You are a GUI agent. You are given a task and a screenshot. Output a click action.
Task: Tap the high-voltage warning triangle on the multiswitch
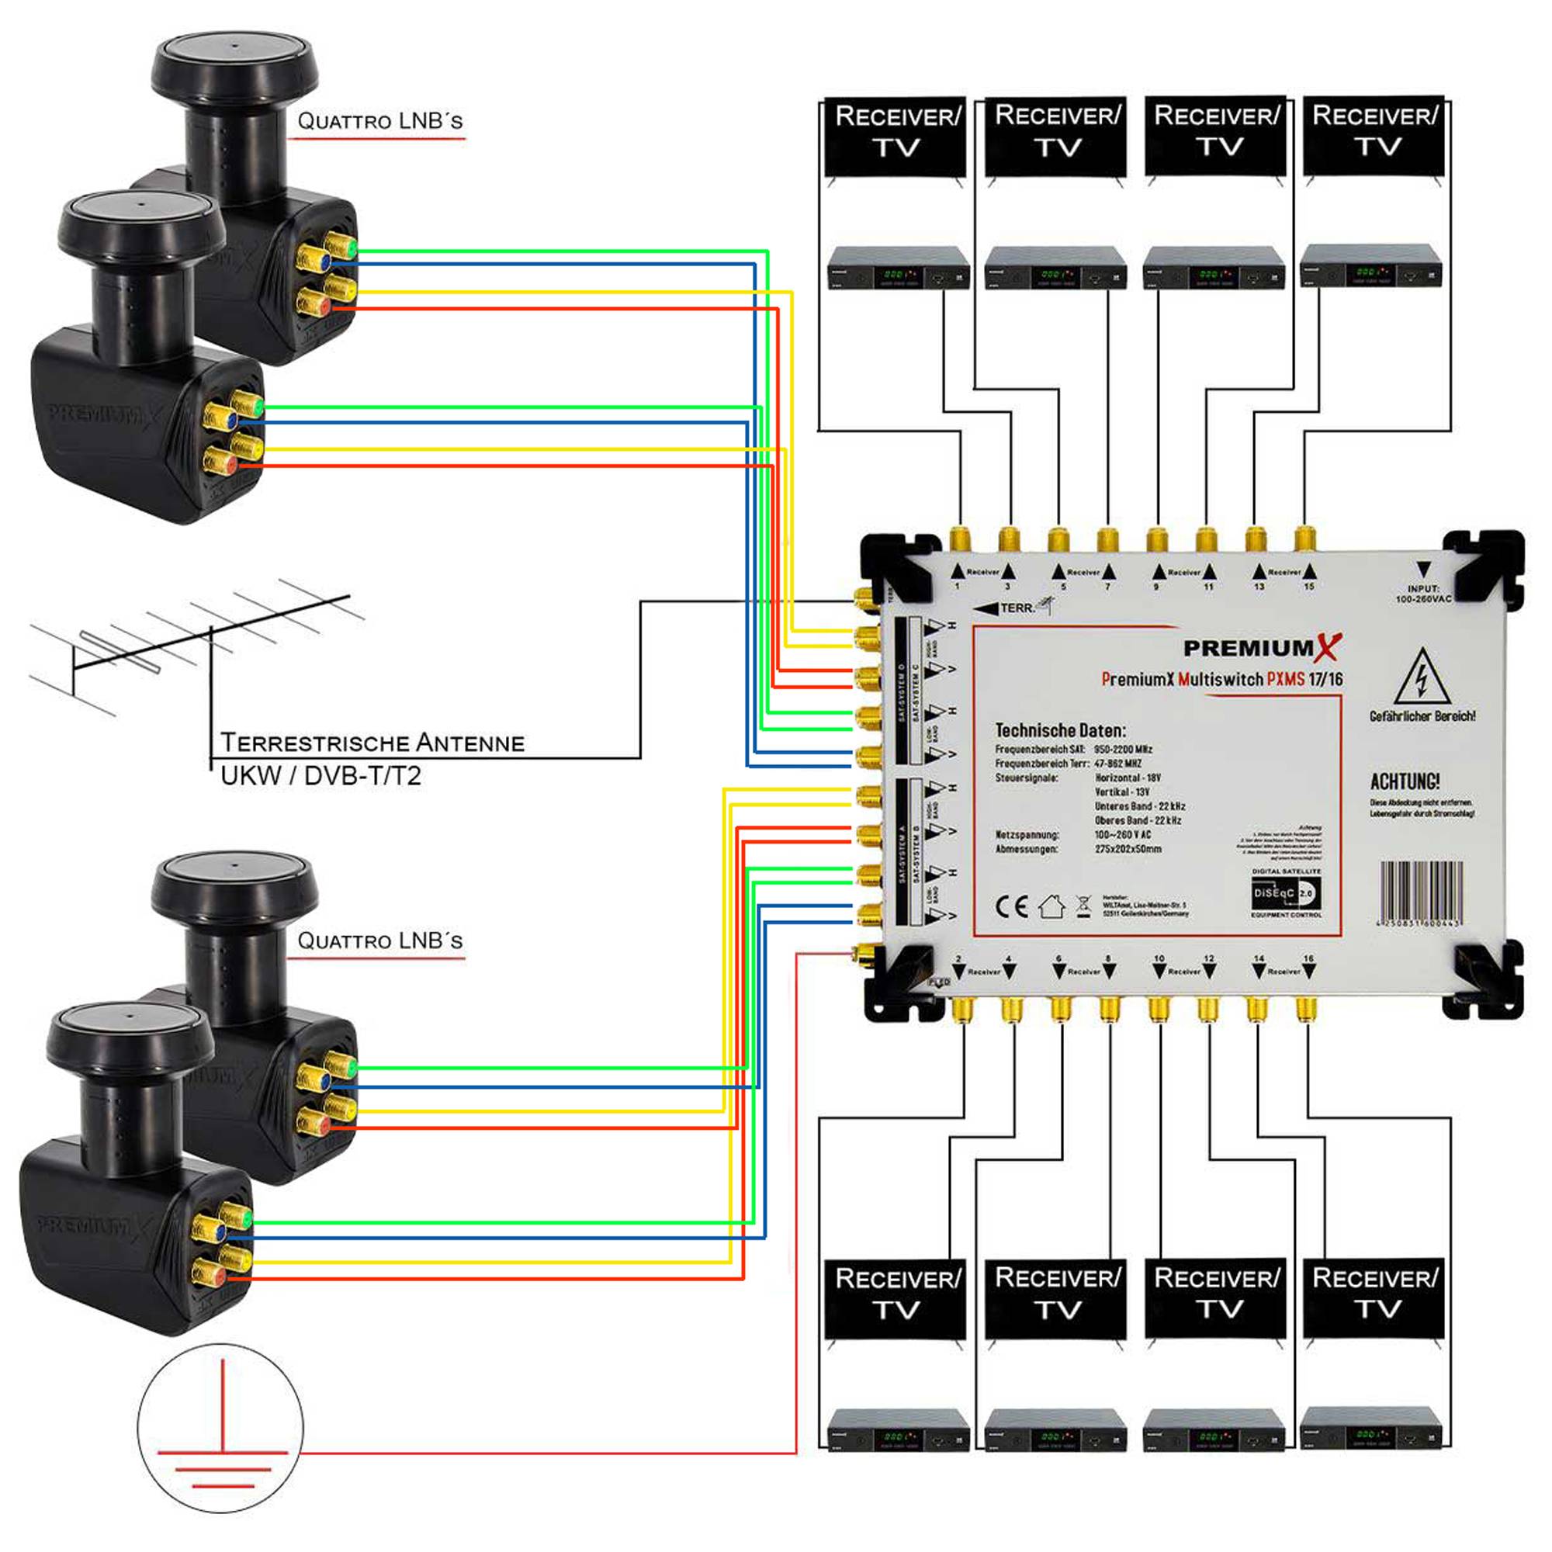(x=1421, y=677)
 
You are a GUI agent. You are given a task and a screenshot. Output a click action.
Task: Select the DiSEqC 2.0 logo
(x=1284, y=892)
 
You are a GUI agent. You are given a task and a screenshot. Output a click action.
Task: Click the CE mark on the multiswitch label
(x=1010, y=907)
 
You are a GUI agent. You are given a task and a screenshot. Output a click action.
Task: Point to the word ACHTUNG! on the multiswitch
(x=1405, y=781)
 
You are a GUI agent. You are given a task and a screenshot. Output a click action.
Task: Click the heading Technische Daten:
(x=1059, y=730)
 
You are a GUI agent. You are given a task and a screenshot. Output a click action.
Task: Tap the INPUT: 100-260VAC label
(x=1422, y=594)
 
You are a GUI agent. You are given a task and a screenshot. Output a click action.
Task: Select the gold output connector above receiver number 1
(x=959, y=539)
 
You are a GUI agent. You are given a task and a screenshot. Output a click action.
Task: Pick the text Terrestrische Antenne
(x=372, y=743)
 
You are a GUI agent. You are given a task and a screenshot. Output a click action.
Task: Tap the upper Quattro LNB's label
(x=379, y=121)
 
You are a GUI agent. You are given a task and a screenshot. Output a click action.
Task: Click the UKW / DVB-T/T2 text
(x=320, y=776)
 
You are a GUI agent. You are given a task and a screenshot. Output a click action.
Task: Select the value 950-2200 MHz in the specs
(x=1123, y=749)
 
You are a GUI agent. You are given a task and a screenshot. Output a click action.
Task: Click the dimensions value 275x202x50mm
(x=1127, y=848)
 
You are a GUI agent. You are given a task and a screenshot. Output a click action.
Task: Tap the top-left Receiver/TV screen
(x=896, y=137)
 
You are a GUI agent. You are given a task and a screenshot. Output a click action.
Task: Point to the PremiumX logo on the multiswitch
(x=1262, y=647)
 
